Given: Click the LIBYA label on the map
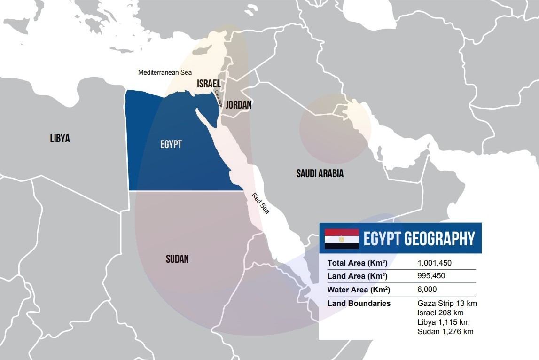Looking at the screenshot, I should click(x=60, y=138).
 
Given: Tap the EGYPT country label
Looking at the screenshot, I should click(x=171, y=144).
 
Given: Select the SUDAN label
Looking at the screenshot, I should click(x=177, y=258).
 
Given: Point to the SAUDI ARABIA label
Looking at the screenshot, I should click(x=320, y=173).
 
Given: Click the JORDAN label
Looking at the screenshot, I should click(x=238, y=105).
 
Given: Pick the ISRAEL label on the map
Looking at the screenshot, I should click(x=209, y=84).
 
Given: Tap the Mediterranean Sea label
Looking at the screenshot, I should click(x=165, y=73).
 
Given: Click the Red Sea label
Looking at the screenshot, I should click(x=260, y=203).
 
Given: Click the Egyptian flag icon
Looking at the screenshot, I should click(x=342, y=239).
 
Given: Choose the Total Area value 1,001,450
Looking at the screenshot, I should click(x=435, y=263).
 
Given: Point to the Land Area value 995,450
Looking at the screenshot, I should click(x=431, y=276).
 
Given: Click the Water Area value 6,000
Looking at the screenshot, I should click(x=427, y=290).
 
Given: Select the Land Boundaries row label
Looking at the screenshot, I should click(x=359, y=304).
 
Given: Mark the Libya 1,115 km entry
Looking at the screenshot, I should click(x=444, y=322).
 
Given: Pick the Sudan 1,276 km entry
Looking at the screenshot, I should click(x=445, y=331).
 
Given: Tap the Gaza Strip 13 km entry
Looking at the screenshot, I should click(x=447, y=303).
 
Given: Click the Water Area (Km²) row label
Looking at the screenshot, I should click(x=359, y=290).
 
